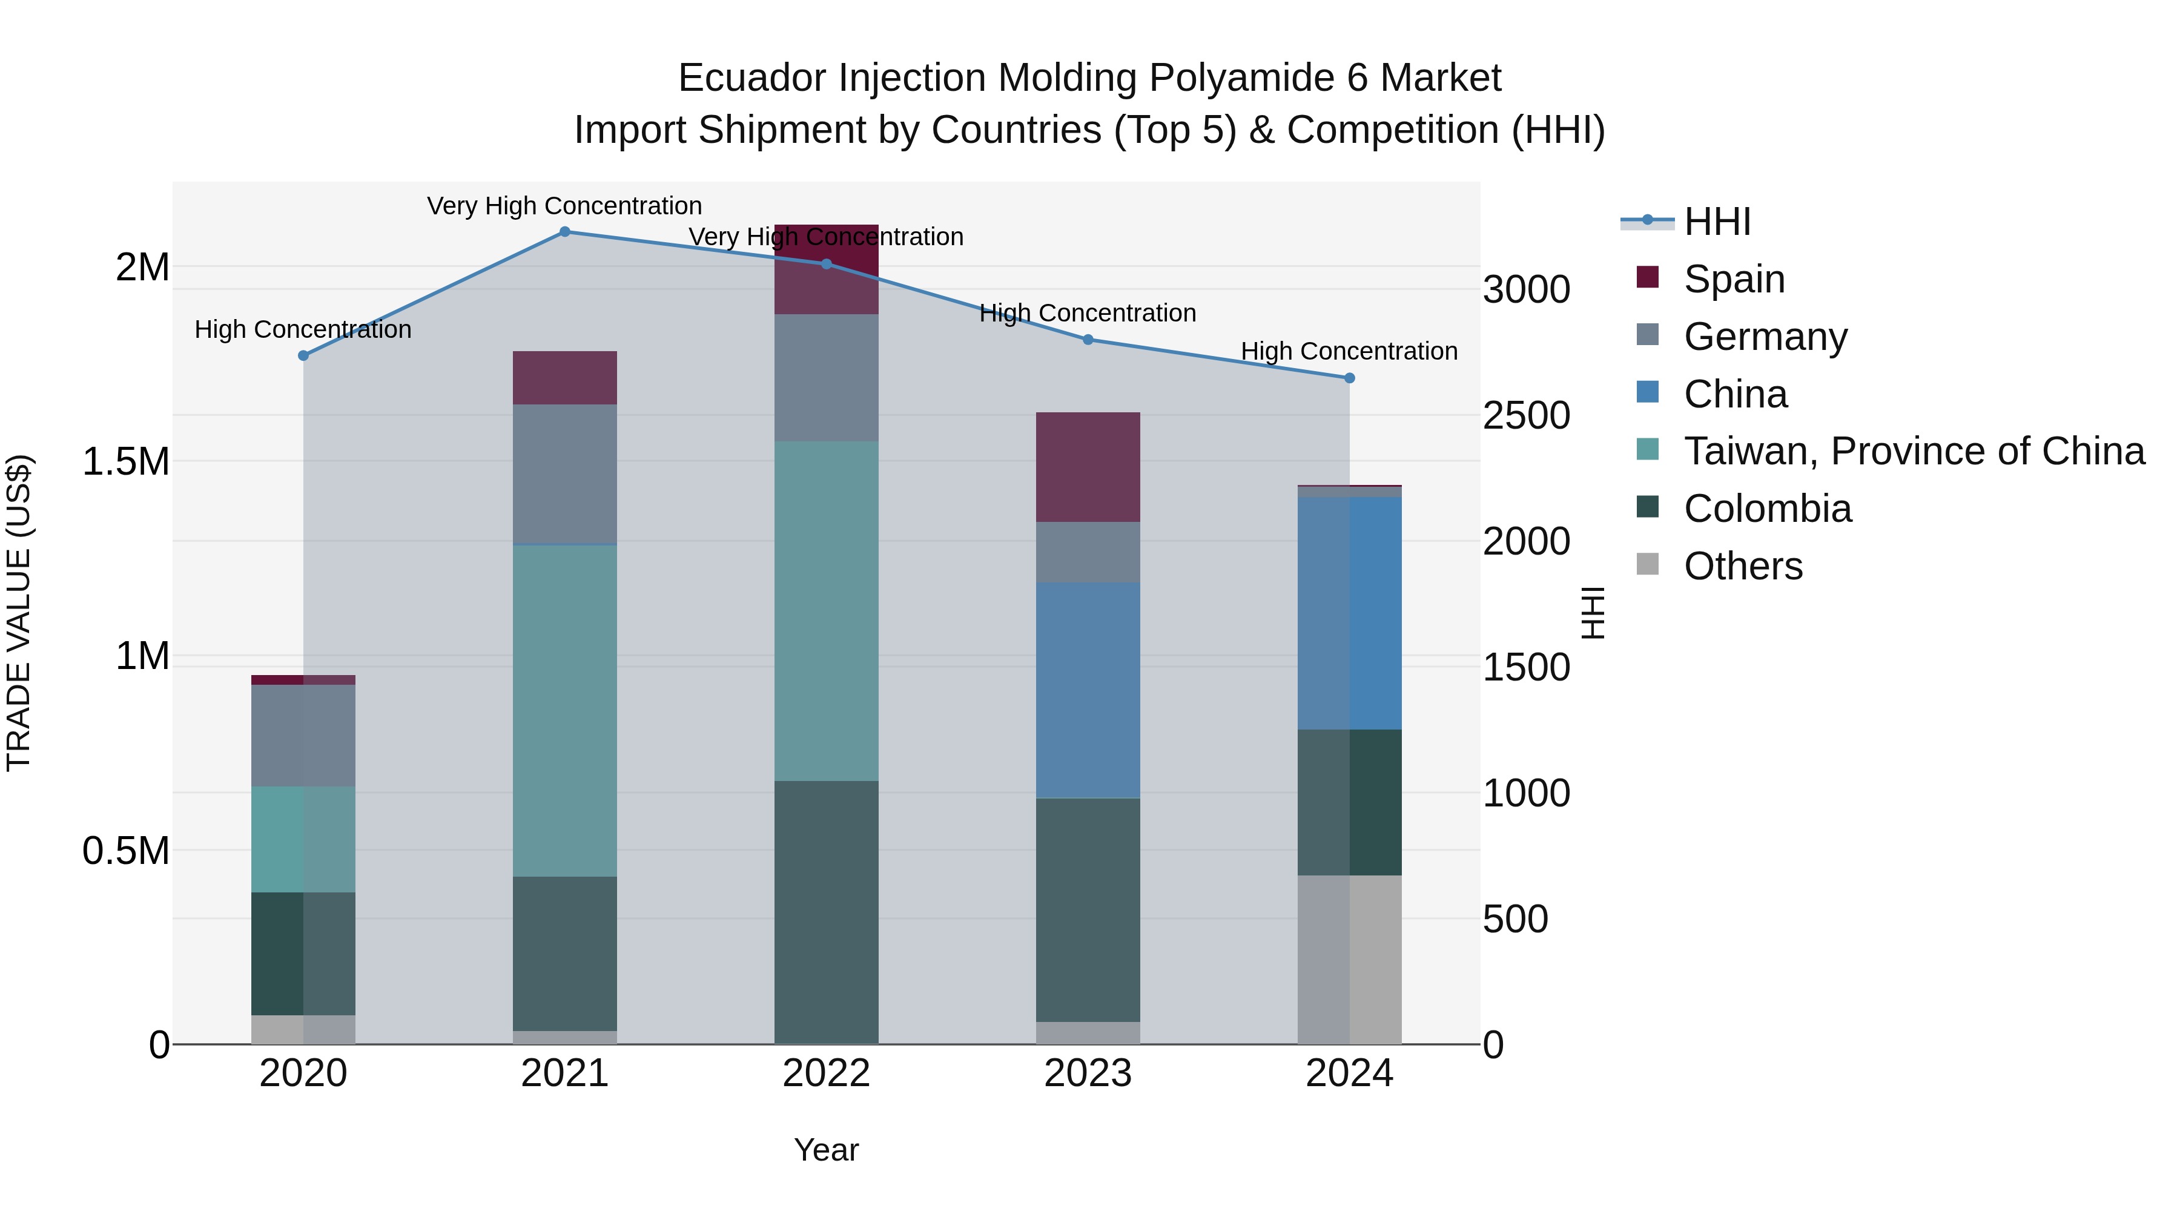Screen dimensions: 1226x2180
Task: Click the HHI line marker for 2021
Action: pyautogui.click(x=564, y=231)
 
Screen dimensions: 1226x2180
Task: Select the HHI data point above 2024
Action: pyautogui.click(x=1349, y=378)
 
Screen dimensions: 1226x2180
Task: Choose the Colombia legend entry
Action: pyautogui.click(x=1767, y=509)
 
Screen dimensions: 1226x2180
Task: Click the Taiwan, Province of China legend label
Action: pyautogui.click(x=1914, y=451)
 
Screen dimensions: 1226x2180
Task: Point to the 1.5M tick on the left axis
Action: pyautogui.click(x=125, y=462)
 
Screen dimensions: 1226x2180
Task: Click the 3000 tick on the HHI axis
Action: pyautogui.click(x=1526, y=289)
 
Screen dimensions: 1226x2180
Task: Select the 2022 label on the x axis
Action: pyautogui.click(x=826, y=1073)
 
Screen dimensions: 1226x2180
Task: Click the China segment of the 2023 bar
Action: pyautogui.click(x=1088, y=690)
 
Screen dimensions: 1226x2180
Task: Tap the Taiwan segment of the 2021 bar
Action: pyautogui.click(x=564, y=711)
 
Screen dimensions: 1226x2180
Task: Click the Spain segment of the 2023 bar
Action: pyautogui.click(x=1088, y=467)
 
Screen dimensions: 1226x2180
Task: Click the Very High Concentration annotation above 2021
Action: pyautogui.click(x=564, y=206)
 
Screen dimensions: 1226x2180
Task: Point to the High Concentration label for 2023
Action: pyautogui.click(x=1088, y=313)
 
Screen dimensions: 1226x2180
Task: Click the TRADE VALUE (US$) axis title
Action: pyautogui.click(x=19, y=613)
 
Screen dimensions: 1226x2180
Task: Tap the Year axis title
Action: pyautogui.click(x=826, y=1150)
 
